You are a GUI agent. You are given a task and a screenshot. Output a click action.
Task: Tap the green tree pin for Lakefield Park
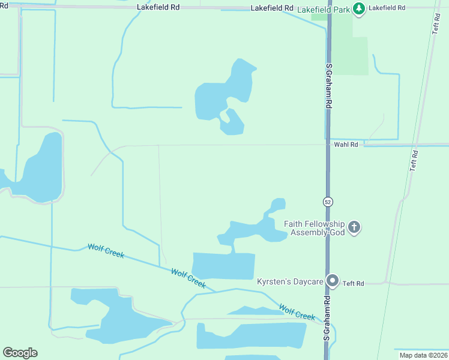(358, 9)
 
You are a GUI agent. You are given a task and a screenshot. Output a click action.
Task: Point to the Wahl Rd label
(346, 145)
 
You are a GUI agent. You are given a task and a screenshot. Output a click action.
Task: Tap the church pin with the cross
(354, 227)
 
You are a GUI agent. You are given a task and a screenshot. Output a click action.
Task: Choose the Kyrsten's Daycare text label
(291, 281)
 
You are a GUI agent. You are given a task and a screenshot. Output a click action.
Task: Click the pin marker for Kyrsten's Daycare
(332, 281)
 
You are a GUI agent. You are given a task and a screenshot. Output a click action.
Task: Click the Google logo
(20, 353)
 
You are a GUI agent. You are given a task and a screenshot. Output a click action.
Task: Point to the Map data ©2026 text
(423, 355)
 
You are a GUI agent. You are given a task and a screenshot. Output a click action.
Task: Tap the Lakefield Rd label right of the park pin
(387, 8)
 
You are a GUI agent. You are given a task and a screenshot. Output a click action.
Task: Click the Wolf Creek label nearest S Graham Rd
(297, 312)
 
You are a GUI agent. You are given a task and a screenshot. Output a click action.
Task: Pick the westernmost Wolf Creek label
(106, 251)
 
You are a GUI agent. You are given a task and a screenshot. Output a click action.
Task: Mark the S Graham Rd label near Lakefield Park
(329, 83)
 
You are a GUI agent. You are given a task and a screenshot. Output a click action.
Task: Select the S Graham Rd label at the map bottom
(328, 318)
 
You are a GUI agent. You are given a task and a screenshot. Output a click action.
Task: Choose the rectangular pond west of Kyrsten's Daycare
(223, 266)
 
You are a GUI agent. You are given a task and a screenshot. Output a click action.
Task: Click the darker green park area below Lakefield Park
(351, 51)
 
